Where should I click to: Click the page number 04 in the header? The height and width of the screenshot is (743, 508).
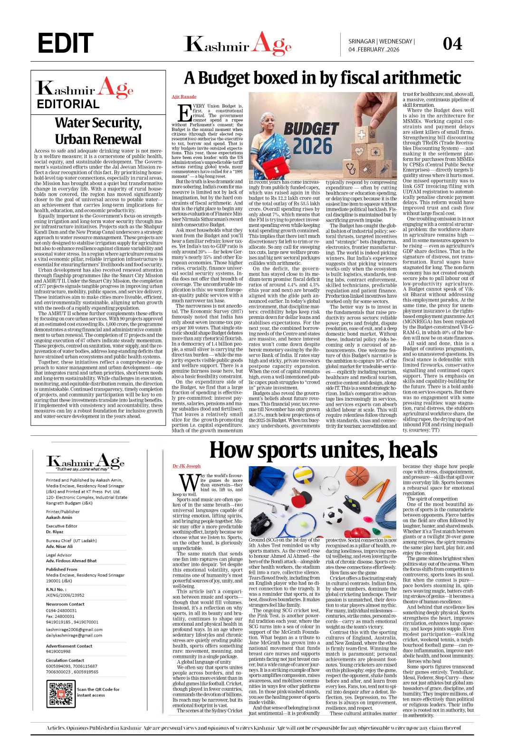pyautogui.click(x=452, y=44)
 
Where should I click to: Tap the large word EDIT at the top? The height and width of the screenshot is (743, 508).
pyautogui.click(x=65, y=44)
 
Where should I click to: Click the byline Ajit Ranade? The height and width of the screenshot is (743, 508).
pyautogui.click(x=184, y=97)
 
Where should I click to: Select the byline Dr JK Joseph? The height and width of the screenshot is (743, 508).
pyautogui.click(x=187, y=466)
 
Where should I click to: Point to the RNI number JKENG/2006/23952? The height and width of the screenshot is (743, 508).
pyautogui.click(x=65, y=594)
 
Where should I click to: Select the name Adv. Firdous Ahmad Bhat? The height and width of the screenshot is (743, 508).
pyautogui.click(x=71, y=561)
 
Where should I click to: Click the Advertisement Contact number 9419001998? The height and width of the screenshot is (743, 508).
pyautogui.click(x=58, y=651)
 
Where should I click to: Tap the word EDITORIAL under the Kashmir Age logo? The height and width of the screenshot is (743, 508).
pyautogui.click(x=68, y=104)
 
